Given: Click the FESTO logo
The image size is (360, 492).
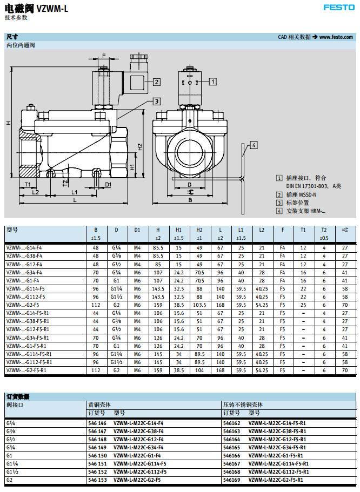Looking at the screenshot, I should pos(339,8).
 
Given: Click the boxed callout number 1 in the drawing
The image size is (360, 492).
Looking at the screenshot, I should pos(212,82).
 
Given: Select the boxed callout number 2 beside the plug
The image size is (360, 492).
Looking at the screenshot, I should pos(157,82).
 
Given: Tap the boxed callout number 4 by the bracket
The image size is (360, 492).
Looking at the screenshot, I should pos(254,145).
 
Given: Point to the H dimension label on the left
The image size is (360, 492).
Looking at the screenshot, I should pos(9,123).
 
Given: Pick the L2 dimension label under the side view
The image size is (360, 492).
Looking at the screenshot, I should pos(35,192).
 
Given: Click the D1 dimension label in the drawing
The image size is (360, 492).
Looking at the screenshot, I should pos(108,184).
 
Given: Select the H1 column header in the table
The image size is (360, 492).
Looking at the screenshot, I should pos(178,230).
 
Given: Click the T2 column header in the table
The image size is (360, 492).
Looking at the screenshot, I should pos(324,230).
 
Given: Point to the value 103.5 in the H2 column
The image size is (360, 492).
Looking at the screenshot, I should pos(199,305).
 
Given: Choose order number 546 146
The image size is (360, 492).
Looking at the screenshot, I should pos(97,423).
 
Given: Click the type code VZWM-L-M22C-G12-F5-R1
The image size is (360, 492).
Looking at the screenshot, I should pos(277,439).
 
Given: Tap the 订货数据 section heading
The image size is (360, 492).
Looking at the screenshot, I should pos(18,396).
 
